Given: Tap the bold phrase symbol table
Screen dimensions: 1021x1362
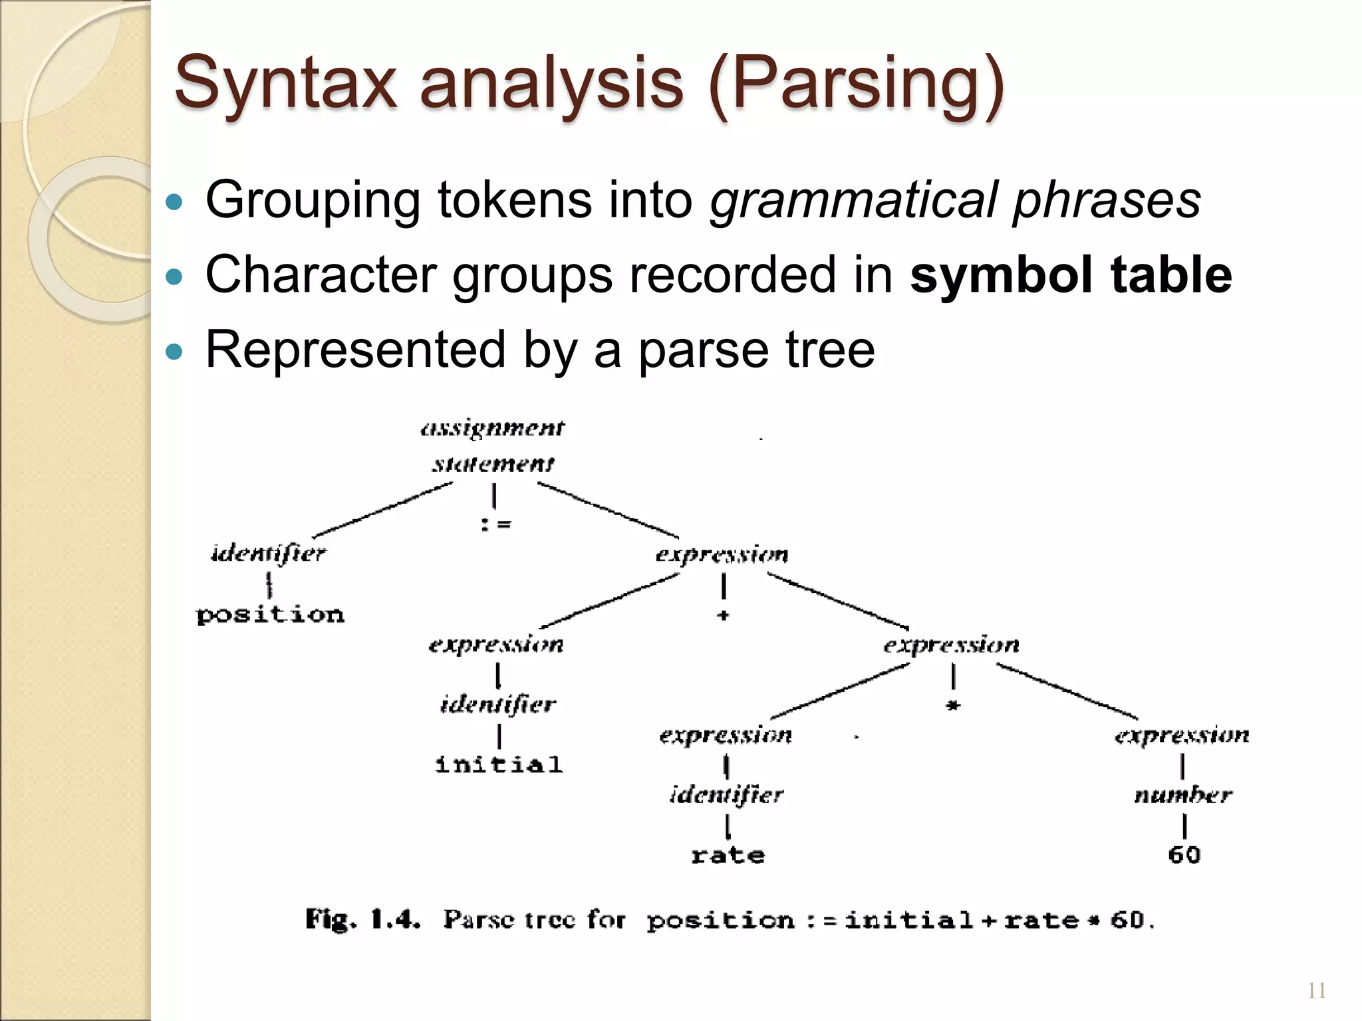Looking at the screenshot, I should (x=1071, y=275).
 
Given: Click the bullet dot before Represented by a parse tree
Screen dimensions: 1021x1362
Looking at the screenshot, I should (x=174, y=352).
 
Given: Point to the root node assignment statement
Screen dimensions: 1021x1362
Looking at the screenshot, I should (x=493, y=445).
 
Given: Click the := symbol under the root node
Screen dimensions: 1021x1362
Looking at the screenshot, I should (x=495, y=524).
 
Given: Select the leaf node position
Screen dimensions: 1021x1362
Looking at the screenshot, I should (x=270, y=614).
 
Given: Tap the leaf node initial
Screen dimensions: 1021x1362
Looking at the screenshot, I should (x=499, y=764).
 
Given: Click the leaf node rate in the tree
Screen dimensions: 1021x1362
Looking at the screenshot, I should (x=728, y=855).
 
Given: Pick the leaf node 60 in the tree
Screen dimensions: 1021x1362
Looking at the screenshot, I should (x=1184, y=855).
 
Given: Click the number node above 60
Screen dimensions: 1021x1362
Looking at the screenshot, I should (x=1182, y=794).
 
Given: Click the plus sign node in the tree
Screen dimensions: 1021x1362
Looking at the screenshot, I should (x=723, y=616).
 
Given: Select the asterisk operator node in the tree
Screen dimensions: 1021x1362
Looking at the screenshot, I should (x=953, y=706).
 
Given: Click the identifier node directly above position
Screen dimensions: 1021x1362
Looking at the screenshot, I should (x=269, y=554).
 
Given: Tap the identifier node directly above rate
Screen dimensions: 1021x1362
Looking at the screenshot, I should (x=726, y=794).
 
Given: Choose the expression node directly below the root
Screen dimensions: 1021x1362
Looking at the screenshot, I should (x=722, y=554).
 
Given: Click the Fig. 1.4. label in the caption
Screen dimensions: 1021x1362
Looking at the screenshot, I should (x=362, y=920).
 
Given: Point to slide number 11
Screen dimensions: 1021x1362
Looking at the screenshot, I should (x=1316, y=991).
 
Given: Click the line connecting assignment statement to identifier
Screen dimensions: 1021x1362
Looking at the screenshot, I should (x=382, y=509).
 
